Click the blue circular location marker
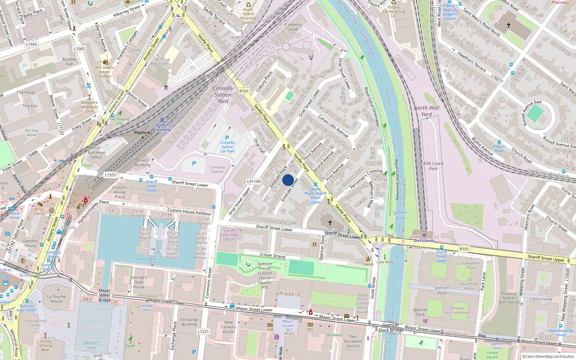tap(288, 180)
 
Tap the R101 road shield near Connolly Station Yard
tap(244, 91)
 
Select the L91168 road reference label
tap(254, 181)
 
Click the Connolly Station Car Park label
tap(228, 147)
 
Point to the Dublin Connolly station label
tap(162, 127)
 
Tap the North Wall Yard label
tap(427, 111)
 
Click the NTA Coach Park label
tap(433, 166)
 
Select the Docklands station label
tap(424, 240)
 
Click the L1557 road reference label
tap(111, 175)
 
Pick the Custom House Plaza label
tap(120, 192)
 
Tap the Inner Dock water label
tap(146, 259)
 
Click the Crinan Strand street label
tap(273, 255)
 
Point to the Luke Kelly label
tap(385, 262)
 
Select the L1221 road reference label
tap(203, 332)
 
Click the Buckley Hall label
tap(69, 62)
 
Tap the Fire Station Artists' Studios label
tap(105, 72)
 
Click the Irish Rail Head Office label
tap(96, 152)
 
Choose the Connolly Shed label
tap(293, 27)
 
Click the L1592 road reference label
tap(31, 44)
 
